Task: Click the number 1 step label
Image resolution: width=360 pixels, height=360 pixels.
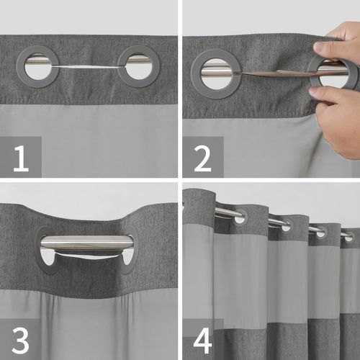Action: coord(20,157)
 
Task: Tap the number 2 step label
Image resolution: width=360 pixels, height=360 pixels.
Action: coord(202,157)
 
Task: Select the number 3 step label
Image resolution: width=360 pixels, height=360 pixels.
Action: coord(20,337)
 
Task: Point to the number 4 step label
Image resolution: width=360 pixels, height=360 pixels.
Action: coord(202,337)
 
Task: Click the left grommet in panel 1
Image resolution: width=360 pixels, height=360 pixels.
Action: coord(38,66)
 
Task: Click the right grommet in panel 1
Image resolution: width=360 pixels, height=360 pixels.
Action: coord(138,66)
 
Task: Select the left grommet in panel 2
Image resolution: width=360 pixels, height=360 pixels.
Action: coord(216,73)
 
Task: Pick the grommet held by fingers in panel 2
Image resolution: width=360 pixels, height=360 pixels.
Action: coord(333,73)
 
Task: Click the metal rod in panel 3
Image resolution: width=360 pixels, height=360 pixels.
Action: coord(86,243)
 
